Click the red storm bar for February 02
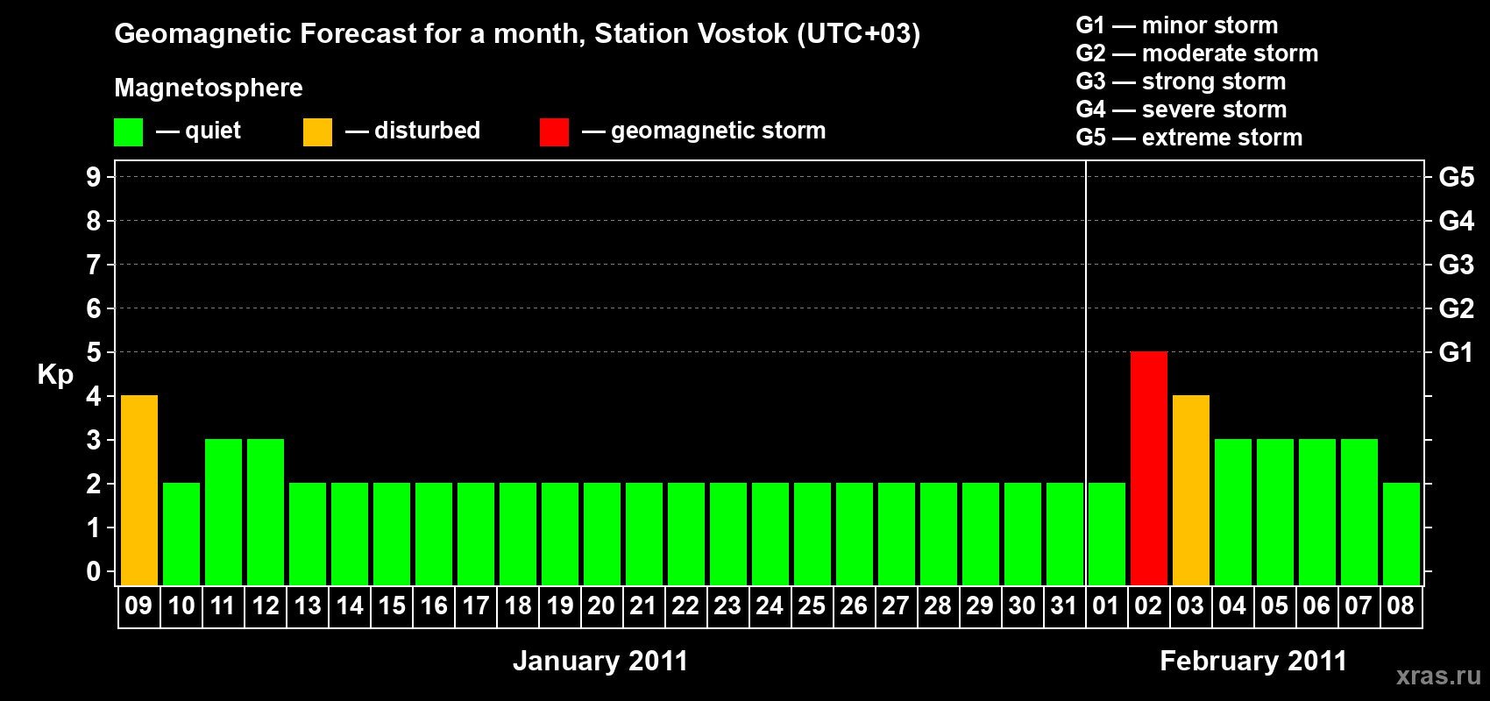(x=1148, y=468)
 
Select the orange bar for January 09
(x=139, y=490)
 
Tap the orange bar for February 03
(x=1190, y=490)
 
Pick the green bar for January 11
(x=223, y=512)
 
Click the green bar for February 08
(x=1401, y=534)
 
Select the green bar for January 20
(x=602, y=534)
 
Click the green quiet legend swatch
(x=129, y=132)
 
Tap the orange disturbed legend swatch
(x=318, y=132)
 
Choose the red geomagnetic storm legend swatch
(x=554, y=132)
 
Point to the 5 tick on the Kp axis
(x=93, y=352)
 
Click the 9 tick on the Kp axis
(x=93, y=177)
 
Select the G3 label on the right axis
(x=1456, y=265)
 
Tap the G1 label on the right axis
(x=1456, y=352)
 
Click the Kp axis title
(x=55, y=375)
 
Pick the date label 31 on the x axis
(x=1063, y=606)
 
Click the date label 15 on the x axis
(x=392, y=606)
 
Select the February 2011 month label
(x=1252, y=661)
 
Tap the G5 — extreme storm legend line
(x=1188, y=138)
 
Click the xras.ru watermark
(x=1437, y=675)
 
